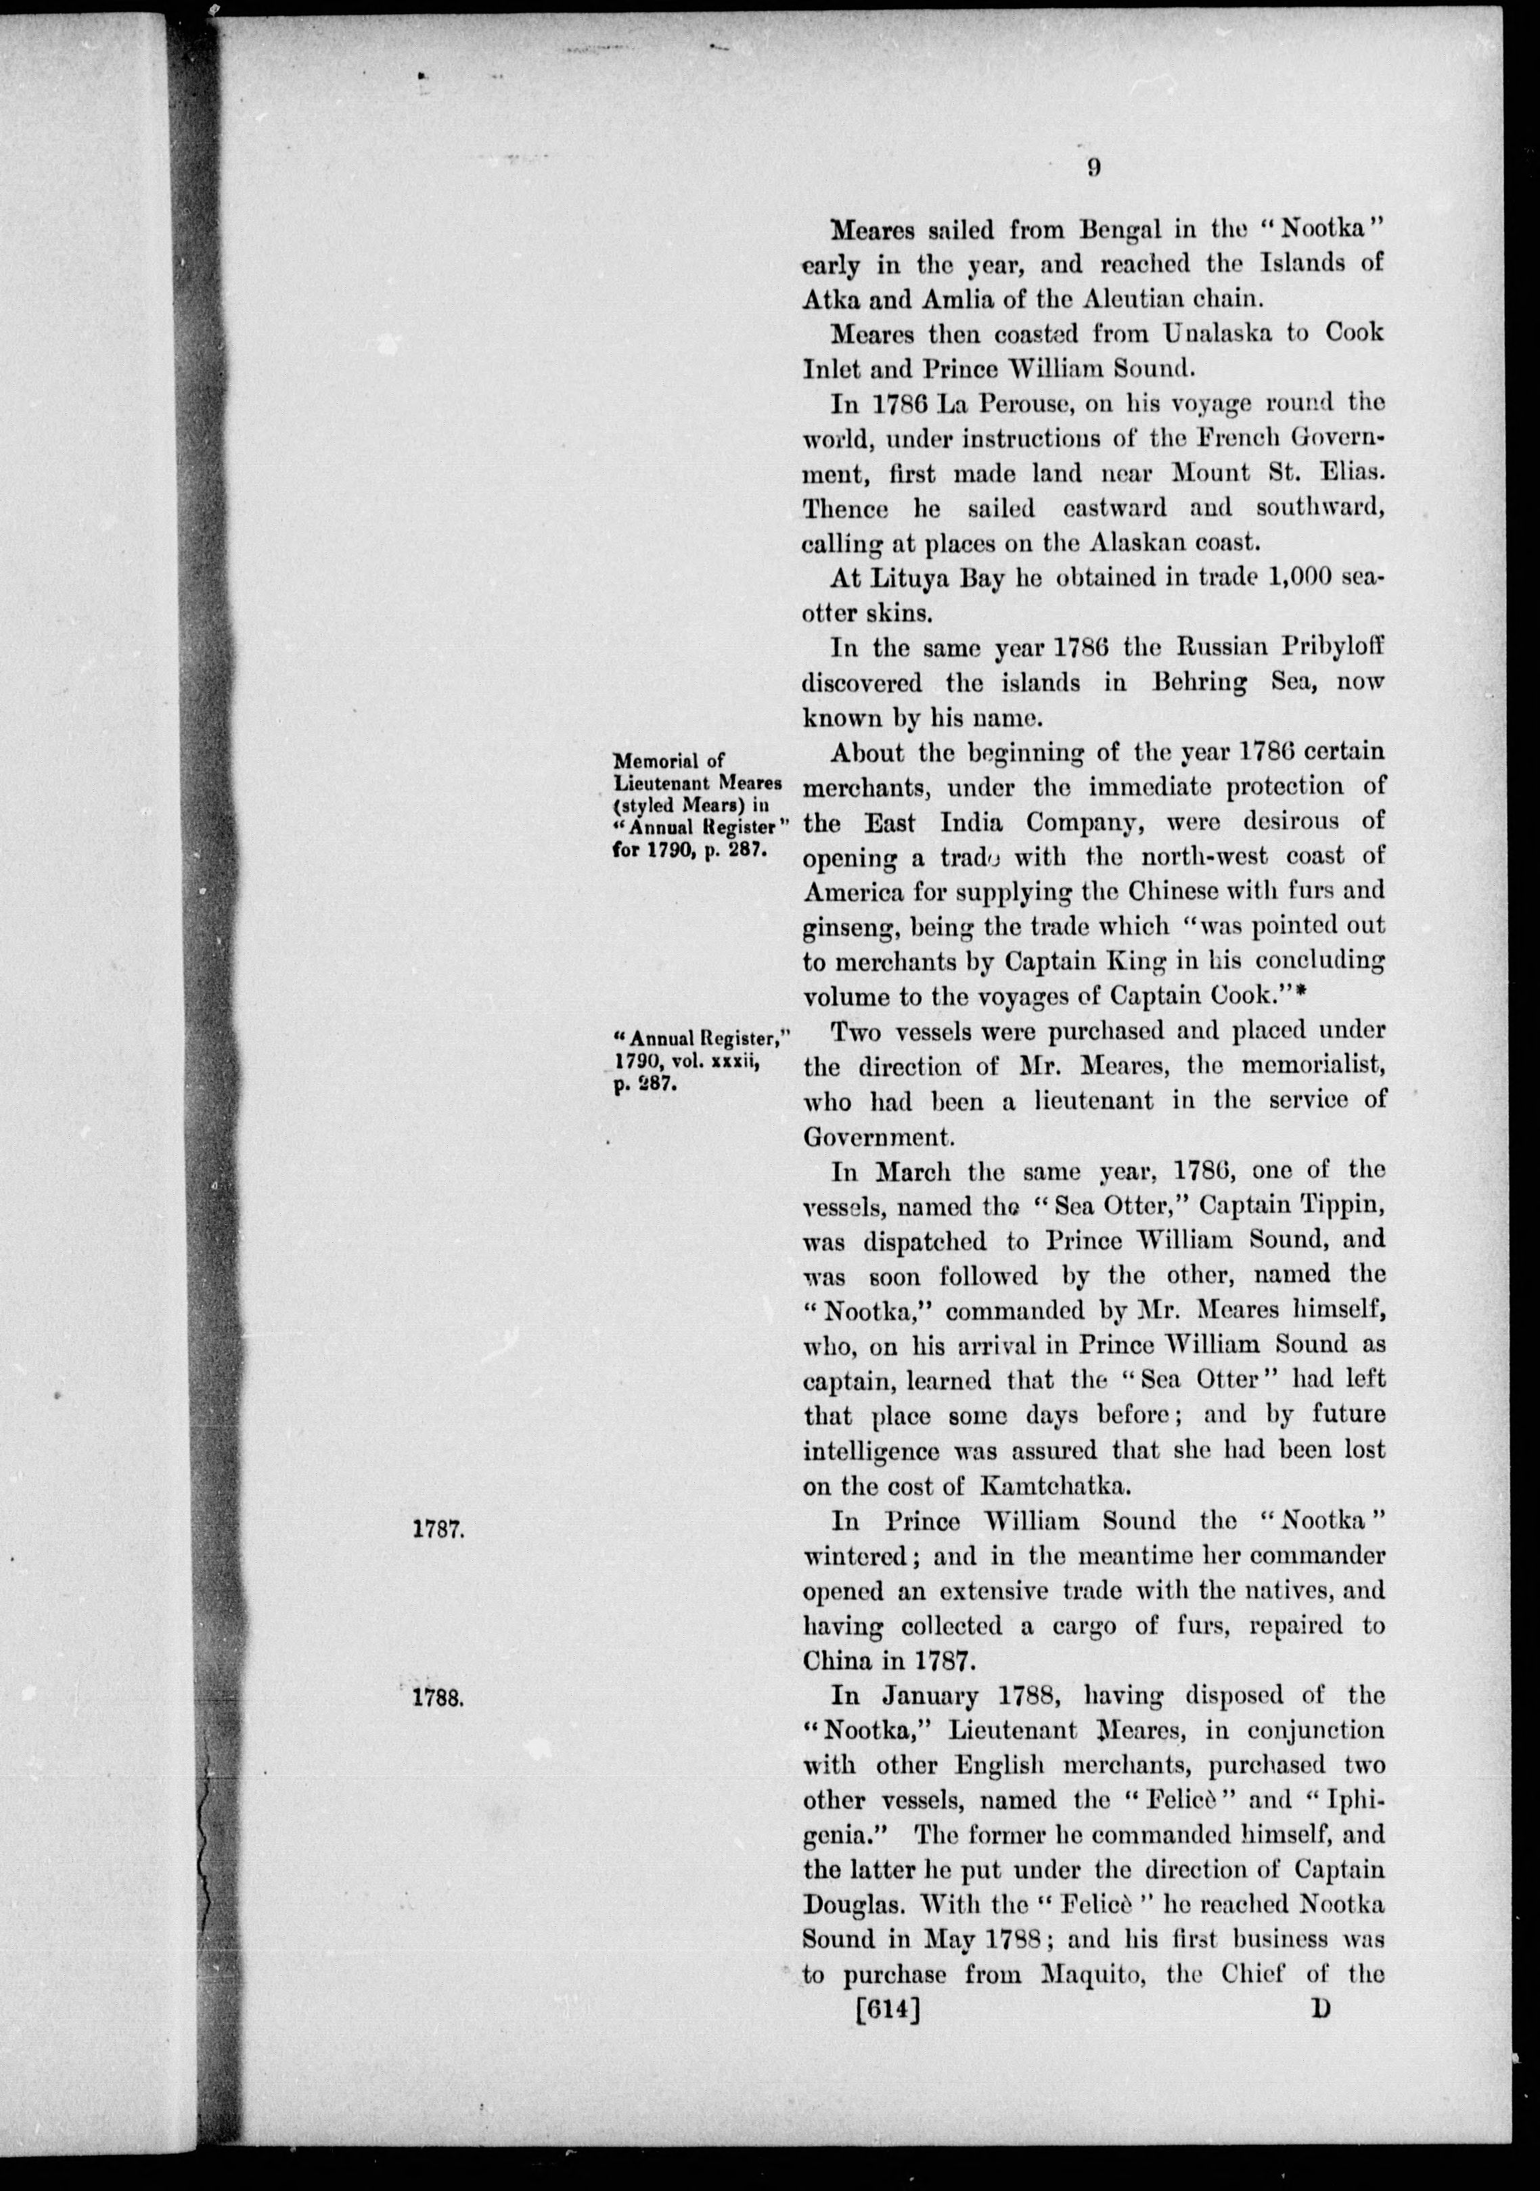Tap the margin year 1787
[438, 1528]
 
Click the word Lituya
[913, 580]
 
